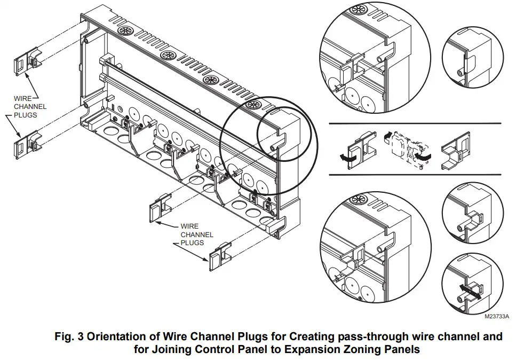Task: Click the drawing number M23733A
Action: (x=497, y=317)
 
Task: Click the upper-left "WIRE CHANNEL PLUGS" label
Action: (x=30, y=107)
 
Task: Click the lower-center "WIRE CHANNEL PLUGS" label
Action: (x=197, y=234)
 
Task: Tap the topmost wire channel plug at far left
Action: (x=28, y=61)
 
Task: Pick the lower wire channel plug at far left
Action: (x=28, y=145)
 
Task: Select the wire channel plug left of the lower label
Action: (x=161, y=207)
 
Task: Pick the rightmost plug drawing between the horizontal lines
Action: (x=456, y=150)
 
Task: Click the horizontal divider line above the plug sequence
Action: (x=415, y=123)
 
